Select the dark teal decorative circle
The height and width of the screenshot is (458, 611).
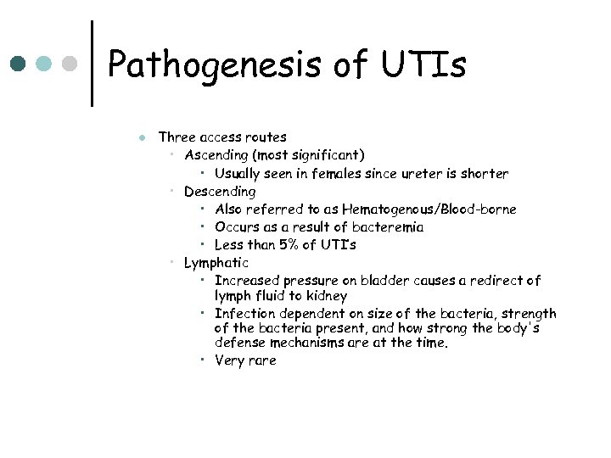coord(18,64)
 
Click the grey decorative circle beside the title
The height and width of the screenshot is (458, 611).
coord(71,64)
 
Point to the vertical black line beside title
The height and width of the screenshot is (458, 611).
coord(92,64)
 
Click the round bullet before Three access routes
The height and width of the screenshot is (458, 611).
coord(142,137)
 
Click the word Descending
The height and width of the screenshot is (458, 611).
coord(220,192)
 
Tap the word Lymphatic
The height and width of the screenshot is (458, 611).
coord(216,263)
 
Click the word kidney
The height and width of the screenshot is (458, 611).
coord(327,296)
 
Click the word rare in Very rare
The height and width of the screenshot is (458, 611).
coord(262,360)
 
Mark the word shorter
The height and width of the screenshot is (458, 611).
coord(485,174)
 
